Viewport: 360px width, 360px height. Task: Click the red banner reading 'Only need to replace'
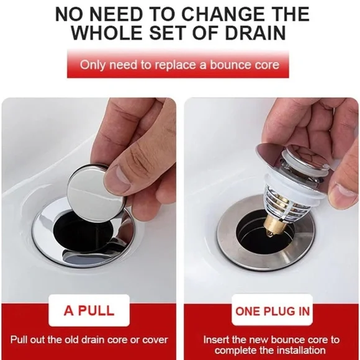click(x=179, y=65)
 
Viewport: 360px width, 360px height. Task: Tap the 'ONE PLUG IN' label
click(x=271, y=310)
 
